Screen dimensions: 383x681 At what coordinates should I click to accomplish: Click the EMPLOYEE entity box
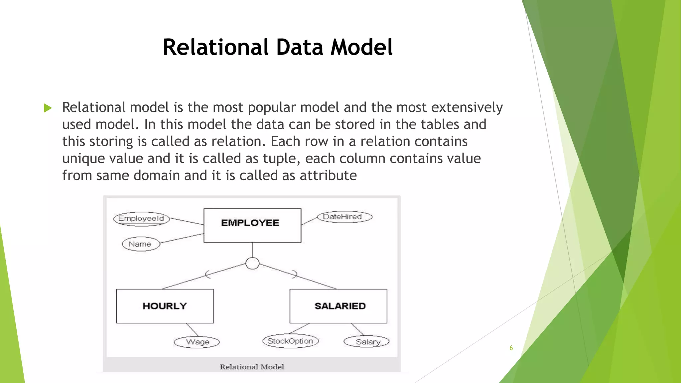tap(252, 225)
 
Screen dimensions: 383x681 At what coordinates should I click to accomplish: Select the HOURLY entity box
tap(165, 306)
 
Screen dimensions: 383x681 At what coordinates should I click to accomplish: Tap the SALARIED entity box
tap(338, 306)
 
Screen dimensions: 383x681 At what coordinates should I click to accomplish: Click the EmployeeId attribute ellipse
tap(141, 219)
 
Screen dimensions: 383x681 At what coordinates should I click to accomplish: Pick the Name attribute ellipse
tap(140, 244)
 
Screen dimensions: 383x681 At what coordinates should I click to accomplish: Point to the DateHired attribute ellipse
tap(343, 217)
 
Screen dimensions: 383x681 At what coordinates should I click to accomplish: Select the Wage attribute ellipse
tap(197, 342)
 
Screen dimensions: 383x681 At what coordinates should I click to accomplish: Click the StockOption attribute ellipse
tap(290, 341)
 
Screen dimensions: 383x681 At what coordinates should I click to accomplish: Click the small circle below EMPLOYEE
tap(252, 263)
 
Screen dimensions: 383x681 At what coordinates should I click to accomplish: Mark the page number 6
tap(511, 348)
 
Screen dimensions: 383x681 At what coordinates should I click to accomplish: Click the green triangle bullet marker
tap(48, 108)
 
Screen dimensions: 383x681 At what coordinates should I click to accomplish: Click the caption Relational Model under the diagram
tap(252, 367)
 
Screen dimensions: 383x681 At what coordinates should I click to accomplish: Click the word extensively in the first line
tap(467, 107)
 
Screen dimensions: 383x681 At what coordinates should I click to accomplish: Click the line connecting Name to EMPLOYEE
tap(181, 238)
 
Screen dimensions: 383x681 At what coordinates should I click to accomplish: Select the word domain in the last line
tap(156, 176)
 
